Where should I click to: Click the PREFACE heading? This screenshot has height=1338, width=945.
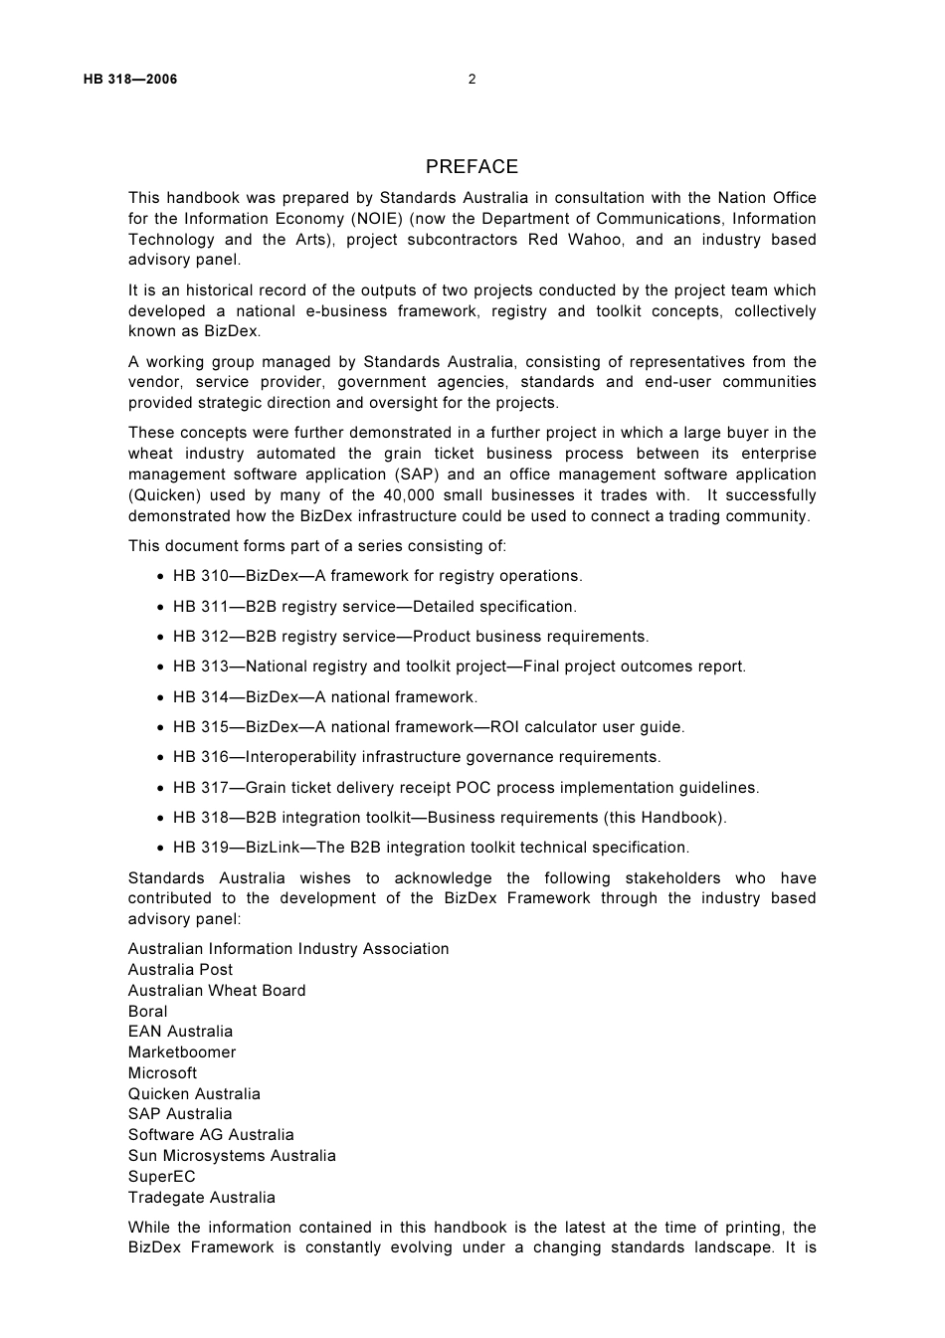(x=472, y=167)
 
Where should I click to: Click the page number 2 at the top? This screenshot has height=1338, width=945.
(x=472, y=80)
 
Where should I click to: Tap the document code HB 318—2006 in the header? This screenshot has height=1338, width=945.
(x=130, y=80)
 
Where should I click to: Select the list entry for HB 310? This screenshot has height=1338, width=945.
(x=377, y=576)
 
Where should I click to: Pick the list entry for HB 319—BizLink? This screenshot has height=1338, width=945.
(x=431, y=848)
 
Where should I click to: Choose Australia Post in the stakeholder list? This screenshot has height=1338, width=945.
(x=180, y=970)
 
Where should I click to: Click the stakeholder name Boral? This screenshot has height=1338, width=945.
(x=148, y=1012)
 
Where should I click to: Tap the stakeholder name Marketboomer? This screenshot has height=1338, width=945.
(x=182, y=1052)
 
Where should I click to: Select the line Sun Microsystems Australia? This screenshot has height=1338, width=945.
(x=232, y=1156)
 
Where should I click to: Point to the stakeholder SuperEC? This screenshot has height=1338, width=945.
(x=162, y=1177)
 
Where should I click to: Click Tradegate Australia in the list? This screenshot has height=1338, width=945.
(x=202, y=1198)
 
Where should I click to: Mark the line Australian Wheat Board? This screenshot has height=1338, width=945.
(x=217, y=991)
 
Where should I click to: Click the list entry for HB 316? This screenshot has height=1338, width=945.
(x=417, y=757)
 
